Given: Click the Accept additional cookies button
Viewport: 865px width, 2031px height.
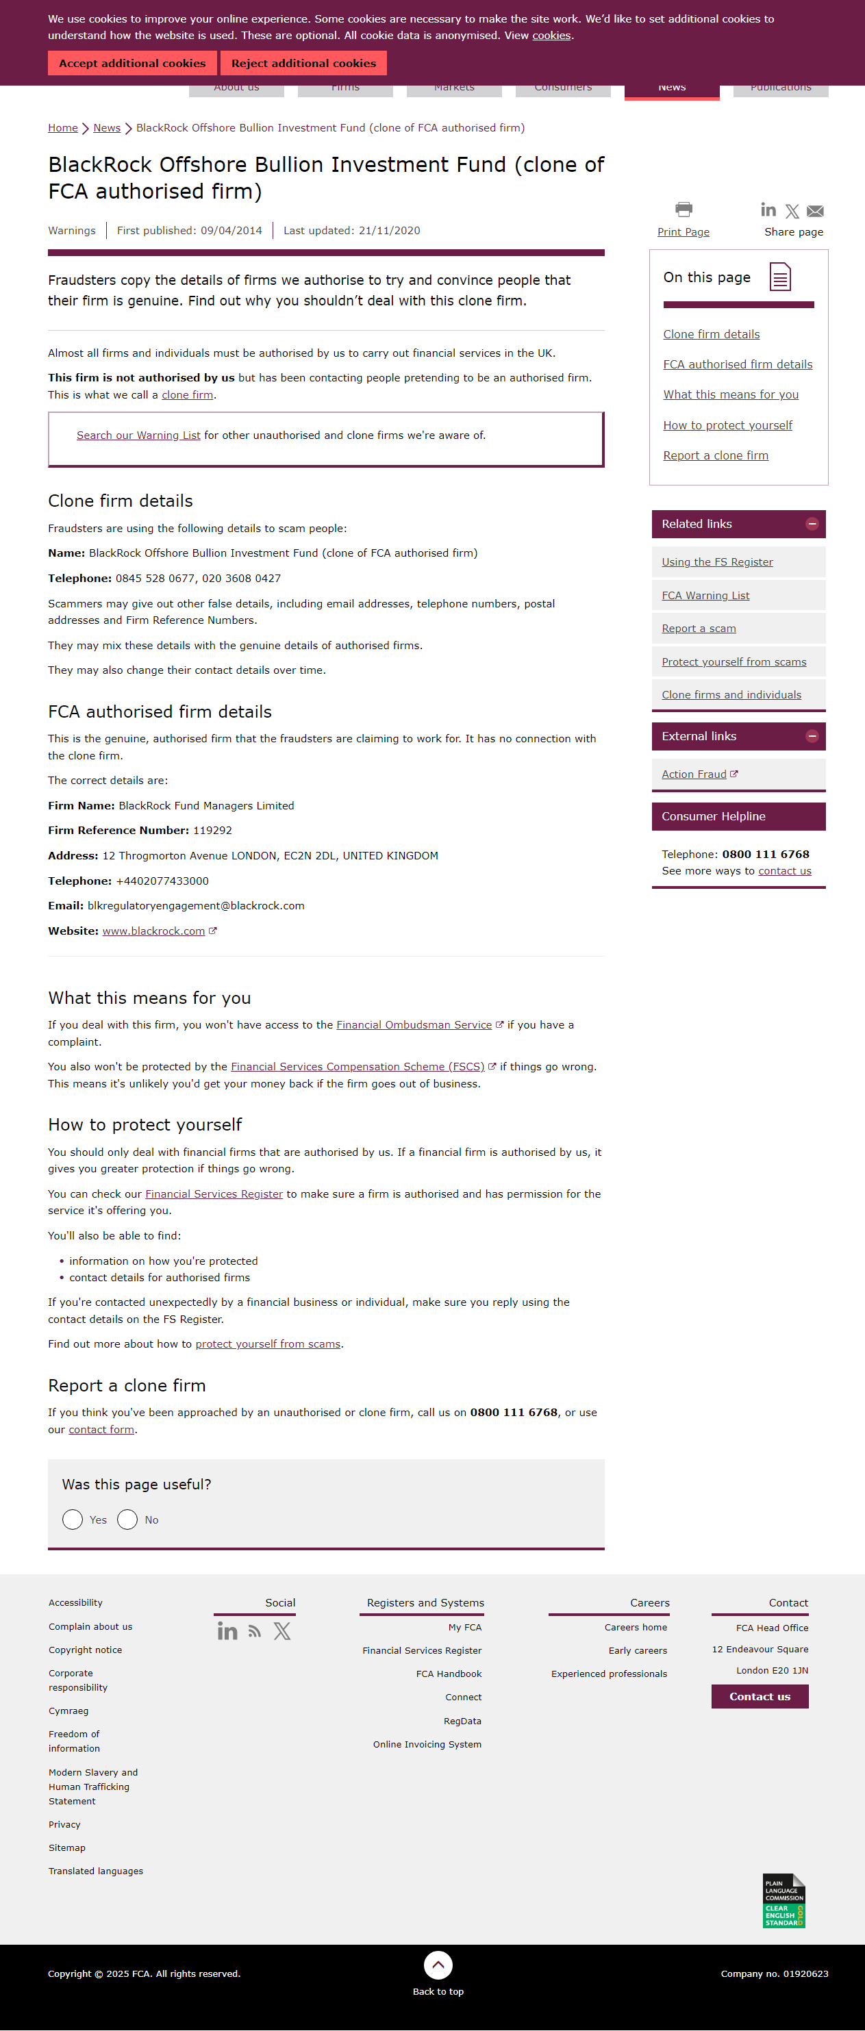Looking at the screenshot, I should click(x=131, y=63).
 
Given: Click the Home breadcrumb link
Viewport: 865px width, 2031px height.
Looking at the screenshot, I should click(x=62, y=128).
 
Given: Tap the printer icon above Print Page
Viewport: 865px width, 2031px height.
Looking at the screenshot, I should click(x=684, y=209).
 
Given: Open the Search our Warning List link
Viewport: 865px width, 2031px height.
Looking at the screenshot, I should click(x=138, y=436).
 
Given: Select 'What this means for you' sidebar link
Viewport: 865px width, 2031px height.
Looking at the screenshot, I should click(x=730, y=394).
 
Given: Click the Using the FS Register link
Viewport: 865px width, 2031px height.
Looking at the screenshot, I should click(x=717, y=562).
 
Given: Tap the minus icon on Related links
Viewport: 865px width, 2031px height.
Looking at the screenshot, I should click(x=812, y=524).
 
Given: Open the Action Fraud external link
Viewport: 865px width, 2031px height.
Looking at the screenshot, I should click(x=694, y=774).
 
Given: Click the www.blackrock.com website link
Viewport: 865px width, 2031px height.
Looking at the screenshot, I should click(x=154, y=931).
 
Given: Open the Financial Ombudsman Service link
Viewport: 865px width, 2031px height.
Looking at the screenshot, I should click(x=414, y=1025).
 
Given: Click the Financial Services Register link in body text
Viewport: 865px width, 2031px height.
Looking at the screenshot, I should click(x=214, y=1194).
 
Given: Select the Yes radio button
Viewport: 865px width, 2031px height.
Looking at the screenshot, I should click(x=73, y=1519).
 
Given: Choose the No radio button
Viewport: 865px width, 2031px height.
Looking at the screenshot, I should click(x=127, y=1519).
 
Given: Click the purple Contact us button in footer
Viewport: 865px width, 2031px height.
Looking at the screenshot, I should click(x=760, y=1696).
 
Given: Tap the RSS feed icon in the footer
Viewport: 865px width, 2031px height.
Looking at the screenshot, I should click(x=255, y=1631).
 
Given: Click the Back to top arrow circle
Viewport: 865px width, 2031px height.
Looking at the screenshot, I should click(x=438, y=1965).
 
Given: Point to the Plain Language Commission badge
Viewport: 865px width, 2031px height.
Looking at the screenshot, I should click(x=783, y=1900).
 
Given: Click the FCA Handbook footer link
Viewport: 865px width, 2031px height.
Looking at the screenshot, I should click(x=449, y=1674).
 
